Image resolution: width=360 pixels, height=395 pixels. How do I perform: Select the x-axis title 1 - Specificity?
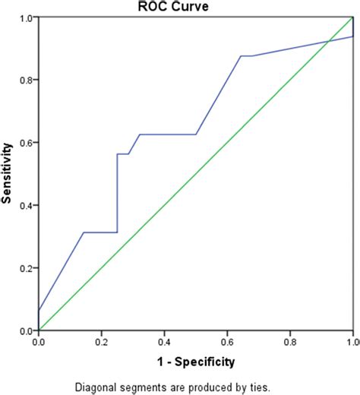tap(196, 361)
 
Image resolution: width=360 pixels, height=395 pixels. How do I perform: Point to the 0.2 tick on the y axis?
tap(25, 268)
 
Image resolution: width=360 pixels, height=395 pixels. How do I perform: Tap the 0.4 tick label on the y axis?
tap(25, 205)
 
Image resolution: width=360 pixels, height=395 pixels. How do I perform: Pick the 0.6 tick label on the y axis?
tap(25, 143)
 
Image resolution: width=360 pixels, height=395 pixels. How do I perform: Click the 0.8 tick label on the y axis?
tap(25, 80)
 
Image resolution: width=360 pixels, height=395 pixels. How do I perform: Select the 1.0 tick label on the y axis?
tap(25, 17)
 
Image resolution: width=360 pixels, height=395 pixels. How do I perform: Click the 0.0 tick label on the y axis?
tap(25, 331)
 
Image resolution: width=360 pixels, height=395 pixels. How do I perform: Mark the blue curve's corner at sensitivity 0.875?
tap(241, 56)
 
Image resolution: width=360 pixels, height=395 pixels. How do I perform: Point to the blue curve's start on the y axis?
tap(38, 311)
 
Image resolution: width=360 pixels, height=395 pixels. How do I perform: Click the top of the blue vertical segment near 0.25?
tap(117, 154)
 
